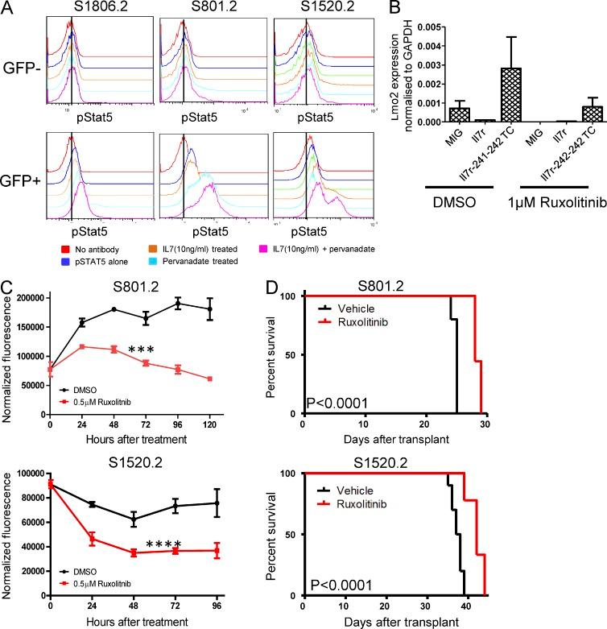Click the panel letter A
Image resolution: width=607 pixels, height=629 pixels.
(x=8, y=9)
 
